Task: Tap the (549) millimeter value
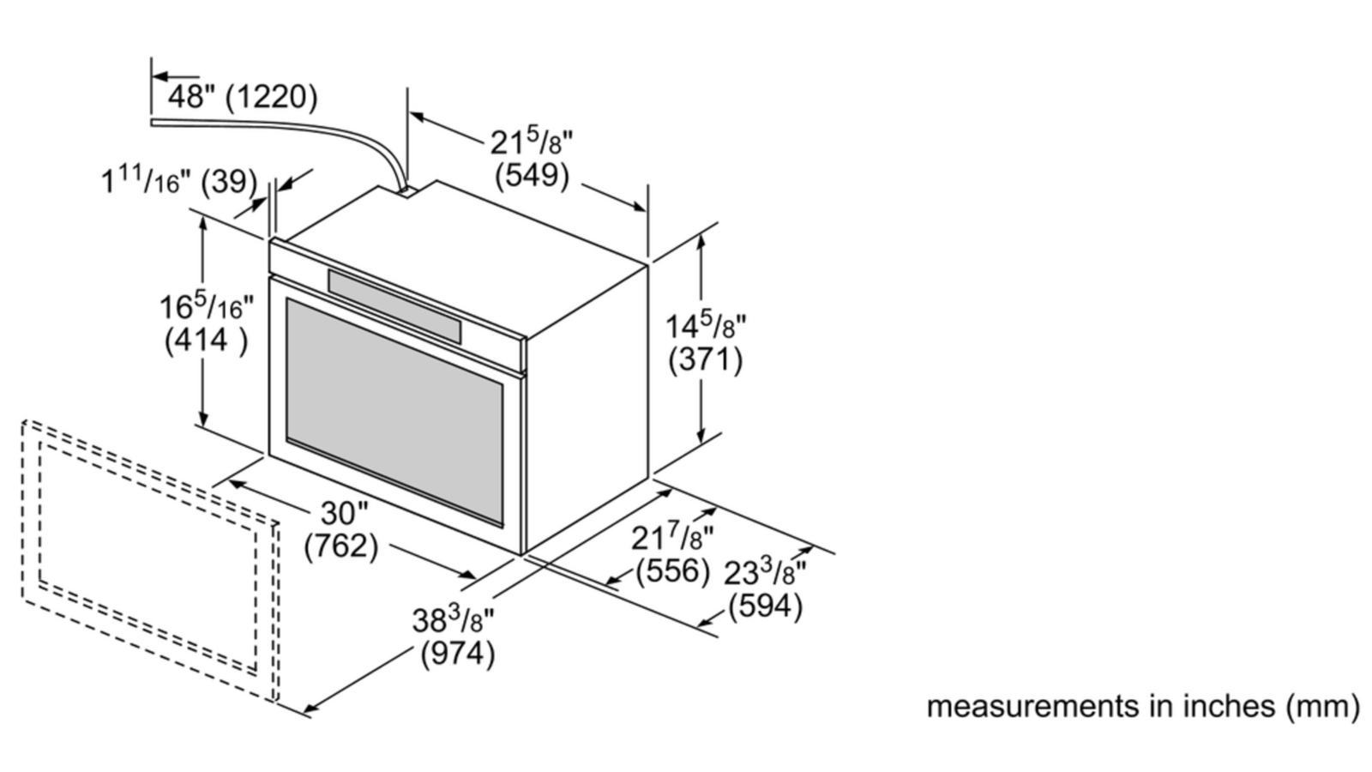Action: click(532, 176)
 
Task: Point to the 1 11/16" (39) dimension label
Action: click(179, 181)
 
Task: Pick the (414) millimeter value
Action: click(207, 340)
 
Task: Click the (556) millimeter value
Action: click(674, 570)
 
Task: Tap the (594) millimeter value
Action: click(766, 606)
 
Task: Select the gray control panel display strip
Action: click(394, 301)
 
